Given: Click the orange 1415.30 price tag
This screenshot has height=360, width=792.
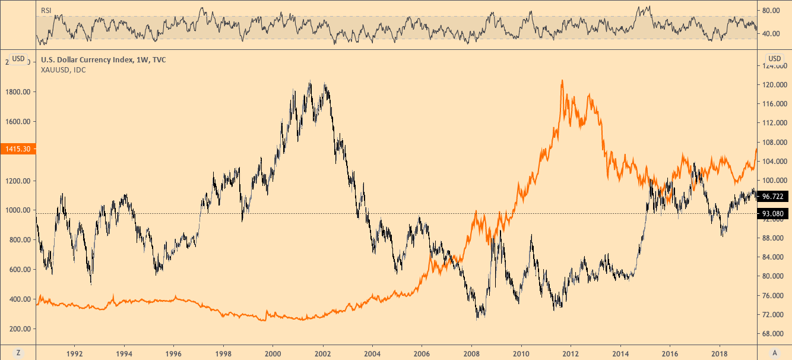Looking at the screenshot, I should pos(18,150).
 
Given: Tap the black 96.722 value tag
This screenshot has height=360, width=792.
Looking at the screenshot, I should pos(774,195).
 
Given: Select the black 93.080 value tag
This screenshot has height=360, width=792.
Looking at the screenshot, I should pos(774,213).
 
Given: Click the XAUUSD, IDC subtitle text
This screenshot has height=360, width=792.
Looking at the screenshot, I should pos(63,70).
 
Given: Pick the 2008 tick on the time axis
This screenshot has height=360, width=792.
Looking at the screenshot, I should pos(471,352).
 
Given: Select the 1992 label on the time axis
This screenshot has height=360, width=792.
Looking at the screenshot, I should pos(75,352).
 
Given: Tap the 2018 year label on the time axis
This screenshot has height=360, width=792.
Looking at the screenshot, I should pos(720,352).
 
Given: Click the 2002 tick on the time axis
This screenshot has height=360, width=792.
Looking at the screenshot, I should pos(322,352).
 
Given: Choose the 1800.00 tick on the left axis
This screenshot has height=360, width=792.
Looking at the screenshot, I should pos(18,92).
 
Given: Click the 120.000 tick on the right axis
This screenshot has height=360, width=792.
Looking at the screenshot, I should pos(774,85).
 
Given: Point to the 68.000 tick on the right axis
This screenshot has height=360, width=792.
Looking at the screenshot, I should pos(773,333).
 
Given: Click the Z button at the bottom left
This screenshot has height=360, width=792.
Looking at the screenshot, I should pos(18,352).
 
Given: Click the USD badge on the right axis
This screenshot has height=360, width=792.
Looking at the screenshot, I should pos(775,58).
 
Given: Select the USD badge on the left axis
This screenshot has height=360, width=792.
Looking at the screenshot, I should pos(18,58).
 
